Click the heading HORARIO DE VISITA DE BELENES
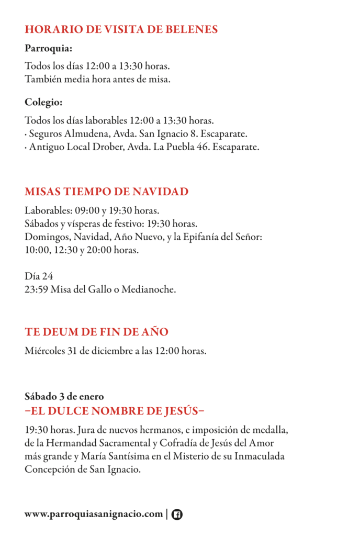(121, 29)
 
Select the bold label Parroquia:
(48, 49)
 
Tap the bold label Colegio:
(43, 102)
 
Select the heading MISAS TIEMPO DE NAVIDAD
(106, 192)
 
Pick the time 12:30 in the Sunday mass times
(66, 250)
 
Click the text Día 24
(39, 276)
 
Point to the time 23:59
(36, 289)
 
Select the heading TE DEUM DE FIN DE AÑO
(96, 332)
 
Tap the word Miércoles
(44, 351)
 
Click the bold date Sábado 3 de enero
(64, 396)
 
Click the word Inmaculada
(262, 456)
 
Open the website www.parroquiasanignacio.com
(94, 514)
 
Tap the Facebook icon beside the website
(177, 515)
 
